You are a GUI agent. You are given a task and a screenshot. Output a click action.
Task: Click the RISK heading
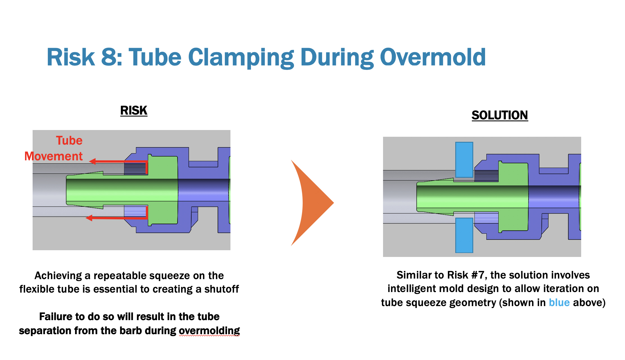tap(134, 110)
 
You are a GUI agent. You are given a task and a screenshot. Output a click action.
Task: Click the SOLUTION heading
tap(500, 115)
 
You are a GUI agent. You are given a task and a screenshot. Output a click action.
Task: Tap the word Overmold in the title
tap(433, 57)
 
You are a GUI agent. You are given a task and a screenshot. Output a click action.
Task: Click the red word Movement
tap(53, 156)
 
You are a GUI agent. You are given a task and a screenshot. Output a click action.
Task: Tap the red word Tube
tap(69, 140)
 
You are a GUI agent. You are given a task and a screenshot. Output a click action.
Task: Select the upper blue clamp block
tap(464, 160)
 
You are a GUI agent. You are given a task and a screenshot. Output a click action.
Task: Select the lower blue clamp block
tap(464, 235)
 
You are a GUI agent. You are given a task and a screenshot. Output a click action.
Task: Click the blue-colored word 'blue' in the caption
tap(559, 302)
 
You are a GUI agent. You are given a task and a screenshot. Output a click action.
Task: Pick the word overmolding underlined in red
tap(209, 331)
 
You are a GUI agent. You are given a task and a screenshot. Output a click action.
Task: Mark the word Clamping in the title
tap(241, 57)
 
